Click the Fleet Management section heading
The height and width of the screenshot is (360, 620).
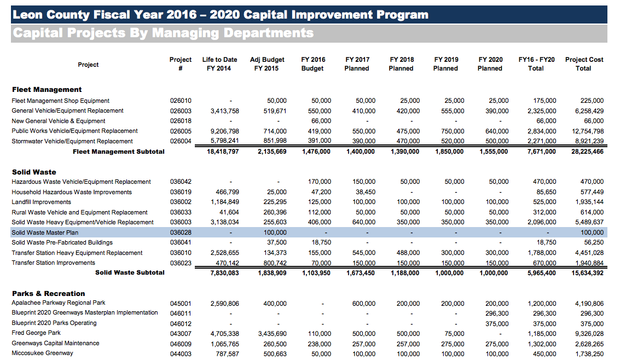click(x=47, y=89)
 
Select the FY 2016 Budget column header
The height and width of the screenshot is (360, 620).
click(x=312, y=64)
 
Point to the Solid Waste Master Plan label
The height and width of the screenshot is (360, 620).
click(x=46, y=233)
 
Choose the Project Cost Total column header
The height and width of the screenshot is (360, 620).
click(x=584, y=64)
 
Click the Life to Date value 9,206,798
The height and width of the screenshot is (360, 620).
click(x=224, y=131)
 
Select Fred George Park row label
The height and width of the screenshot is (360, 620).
click(x=36, y=333)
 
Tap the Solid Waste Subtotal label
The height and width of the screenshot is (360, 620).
click(x=130, y=272)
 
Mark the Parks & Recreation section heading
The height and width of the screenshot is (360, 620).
click(x=49, y=294)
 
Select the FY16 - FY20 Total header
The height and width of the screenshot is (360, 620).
click(x=536, y=64)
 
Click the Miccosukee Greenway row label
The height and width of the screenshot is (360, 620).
click(x=42, y=353)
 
